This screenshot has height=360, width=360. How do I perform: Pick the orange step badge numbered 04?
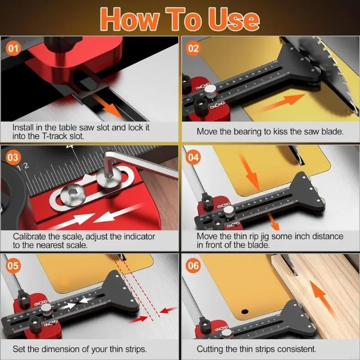click(193, 158)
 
